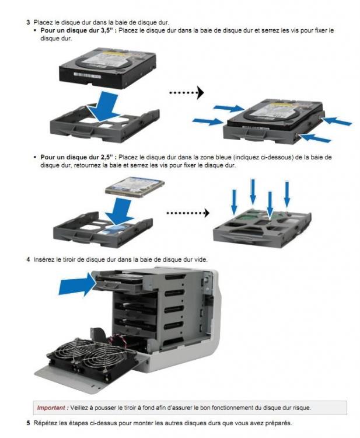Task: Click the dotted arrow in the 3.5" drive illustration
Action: coord(186,93)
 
